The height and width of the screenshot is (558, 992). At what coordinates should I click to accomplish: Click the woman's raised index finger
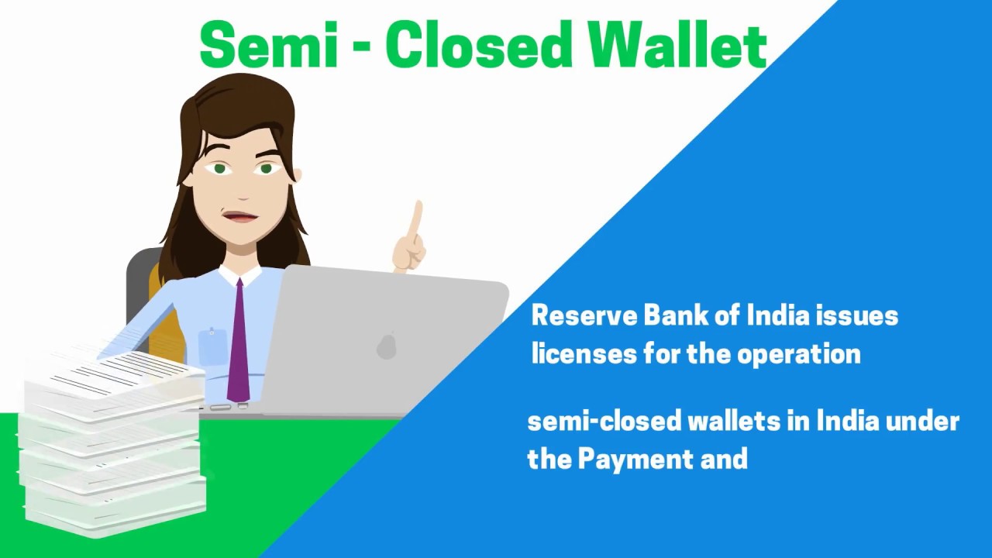tap(416, 221)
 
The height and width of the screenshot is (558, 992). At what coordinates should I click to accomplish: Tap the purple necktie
tap(238, 341)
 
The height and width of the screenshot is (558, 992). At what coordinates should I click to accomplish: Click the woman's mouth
tap(240, 217)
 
